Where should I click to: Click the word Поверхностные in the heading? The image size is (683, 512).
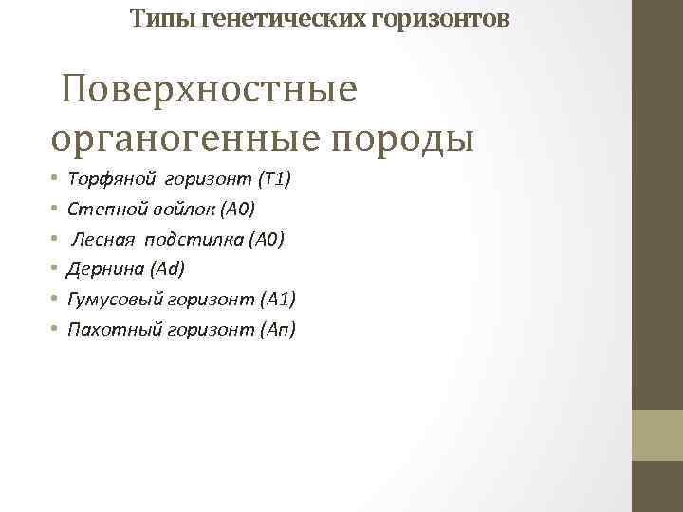(210, 91)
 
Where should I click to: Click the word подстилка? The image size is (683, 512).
(196, 238)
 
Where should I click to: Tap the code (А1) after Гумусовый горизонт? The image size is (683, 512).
(276, 299)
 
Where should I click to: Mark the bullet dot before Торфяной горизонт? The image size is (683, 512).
(55, 178)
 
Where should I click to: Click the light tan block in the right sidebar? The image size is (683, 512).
(656, 434)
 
